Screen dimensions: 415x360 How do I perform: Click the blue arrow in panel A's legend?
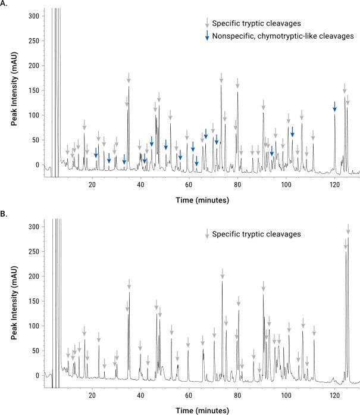[x=206, y=36]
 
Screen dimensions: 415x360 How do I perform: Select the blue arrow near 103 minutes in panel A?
[x=292, y=132]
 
